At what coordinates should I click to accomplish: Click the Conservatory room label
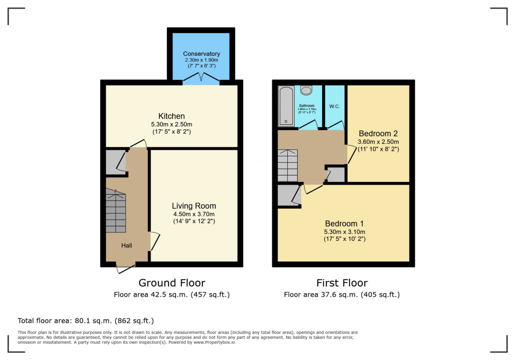coord(201,54)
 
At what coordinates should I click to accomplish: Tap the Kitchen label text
coord(171,116)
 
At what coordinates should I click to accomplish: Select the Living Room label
coord(194,206)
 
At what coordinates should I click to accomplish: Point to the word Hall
coord(126,245)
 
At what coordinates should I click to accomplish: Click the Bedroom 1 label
coord(345,224)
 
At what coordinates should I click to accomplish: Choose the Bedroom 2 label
coord(378,134)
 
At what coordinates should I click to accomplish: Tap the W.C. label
coord(335,106)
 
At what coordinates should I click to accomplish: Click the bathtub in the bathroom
coord(285,106)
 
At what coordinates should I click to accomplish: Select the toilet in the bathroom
coord(306,90)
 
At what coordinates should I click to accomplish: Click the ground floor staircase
coord(116,211)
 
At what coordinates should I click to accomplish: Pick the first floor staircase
coord(288,165)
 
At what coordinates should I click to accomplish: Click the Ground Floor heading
coord(171,283)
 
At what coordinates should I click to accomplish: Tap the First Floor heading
coord(342,283)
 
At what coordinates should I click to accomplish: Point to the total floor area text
coord(85,320)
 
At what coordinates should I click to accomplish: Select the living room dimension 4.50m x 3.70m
coord(194,214)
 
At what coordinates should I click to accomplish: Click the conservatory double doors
coord(201,78)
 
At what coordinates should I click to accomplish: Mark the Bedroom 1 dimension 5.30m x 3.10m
coord(345,232)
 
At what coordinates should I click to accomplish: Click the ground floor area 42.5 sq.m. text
coord(171,295)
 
